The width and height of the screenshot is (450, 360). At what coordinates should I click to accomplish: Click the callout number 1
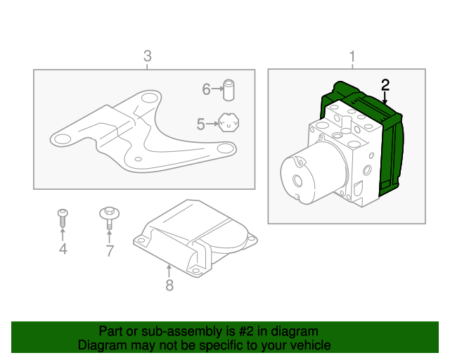pyautogui.click(x=352, y=56)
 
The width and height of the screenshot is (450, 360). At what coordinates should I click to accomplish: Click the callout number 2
pyautogui.click(x=385, y=85)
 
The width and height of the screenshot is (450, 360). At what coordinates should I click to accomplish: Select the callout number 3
pyautogui.click(x=147, y=56)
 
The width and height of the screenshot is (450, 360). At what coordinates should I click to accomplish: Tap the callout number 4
pyautogui.click(x=63, y=250)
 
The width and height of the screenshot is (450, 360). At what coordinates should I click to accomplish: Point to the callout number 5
pyautogui.click(x=201, y=124)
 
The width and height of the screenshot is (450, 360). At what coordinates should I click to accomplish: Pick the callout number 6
pyautogui.click(x=206, y=89)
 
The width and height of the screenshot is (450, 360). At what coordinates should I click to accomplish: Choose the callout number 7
pyautogui.click(x=110, y=251)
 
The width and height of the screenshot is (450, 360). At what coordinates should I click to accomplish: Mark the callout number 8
pyautogui.click(x=169, y=285)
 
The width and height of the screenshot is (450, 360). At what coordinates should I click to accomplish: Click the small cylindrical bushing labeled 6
pyautogui.click(x=229, y=89)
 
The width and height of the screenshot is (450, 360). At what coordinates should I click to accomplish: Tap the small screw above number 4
pyautogui.click(x=63, y=217)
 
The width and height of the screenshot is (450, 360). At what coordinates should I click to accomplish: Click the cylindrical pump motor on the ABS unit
pyautogui.click(x=302, y=174)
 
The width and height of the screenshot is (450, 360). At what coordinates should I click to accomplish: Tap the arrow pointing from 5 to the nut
pyautogui.click(x=213, y=124)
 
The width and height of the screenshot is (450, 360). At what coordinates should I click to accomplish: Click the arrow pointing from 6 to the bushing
pyautogui.click(x=217, y=89)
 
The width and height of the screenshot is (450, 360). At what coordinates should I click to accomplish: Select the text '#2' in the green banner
pyautogui.click(x=235, y=331)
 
